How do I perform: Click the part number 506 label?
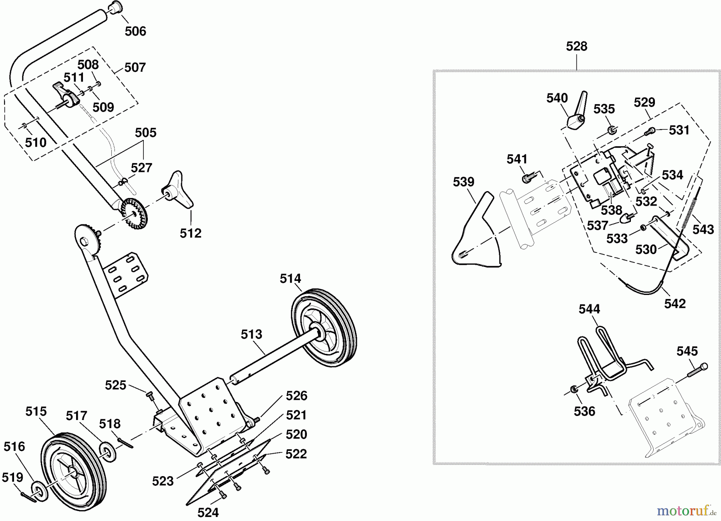point(135,31)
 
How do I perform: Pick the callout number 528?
point(576,46)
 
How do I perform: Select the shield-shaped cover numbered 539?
point(476,232)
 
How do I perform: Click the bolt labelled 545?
point(697,370)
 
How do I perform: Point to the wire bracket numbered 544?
point(605,361)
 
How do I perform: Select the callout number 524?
point(208,512)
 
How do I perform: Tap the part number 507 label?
point(135,67)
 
